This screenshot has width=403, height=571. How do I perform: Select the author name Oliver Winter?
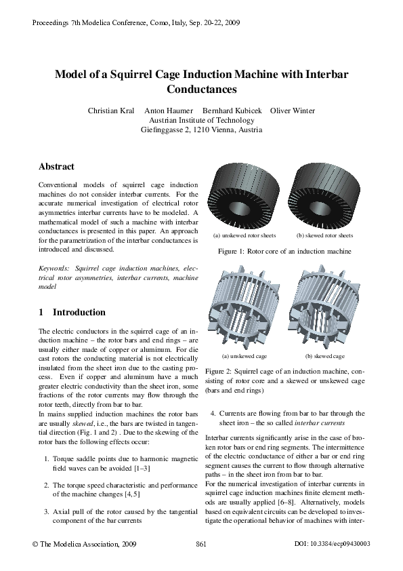(293, 111)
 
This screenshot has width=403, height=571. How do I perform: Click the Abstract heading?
(56, 166)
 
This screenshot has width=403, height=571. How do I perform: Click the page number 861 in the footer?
(200, 544)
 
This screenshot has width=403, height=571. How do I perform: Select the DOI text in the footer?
(333, 544)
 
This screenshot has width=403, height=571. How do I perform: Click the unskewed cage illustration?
(245, 309)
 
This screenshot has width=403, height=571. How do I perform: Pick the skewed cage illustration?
(324, 309)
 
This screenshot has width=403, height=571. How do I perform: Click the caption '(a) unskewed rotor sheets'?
(245, 236)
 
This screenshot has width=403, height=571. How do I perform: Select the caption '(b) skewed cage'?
(324, 356)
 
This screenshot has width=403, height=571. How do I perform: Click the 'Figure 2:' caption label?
(219, 372)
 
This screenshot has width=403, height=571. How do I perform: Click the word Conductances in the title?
(201, 89)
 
